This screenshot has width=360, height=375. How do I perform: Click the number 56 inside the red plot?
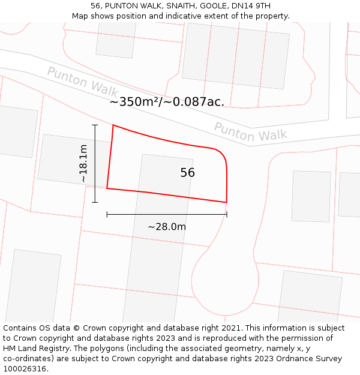(187, 173)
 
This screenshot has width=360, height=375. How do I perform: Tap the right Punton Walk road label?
(250, 132)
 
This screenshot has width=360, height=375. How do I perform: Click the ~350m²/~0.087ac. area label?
(167, 102)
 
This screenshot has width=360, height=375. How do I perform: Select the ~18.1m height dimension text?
(83, 164)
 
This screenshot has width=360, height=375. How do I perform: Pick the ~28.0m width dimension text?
(167, 227)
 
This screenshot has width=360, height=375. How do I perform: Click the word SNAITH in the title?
(179, 6)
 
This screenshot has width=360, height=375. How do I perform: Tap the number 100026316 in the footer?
(25, 369)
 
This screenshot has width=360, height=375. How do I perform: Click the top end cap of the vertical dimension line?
(95, 125)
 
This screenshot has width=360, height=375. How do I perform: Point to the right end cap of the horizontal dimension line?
(227, 214)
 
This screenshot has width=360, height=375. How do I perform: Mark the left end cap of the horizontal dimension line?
(107, 214)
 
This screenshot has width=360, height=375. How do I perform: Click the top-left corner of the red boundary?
(113, 125)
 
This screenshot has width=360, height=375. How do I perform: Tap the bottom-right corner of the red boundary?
(226, 202)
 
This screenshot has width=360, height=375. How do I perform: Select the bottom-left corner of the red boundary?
(107, 188)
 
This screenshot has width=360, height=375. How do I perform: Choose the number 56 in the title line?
(95, 6)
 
